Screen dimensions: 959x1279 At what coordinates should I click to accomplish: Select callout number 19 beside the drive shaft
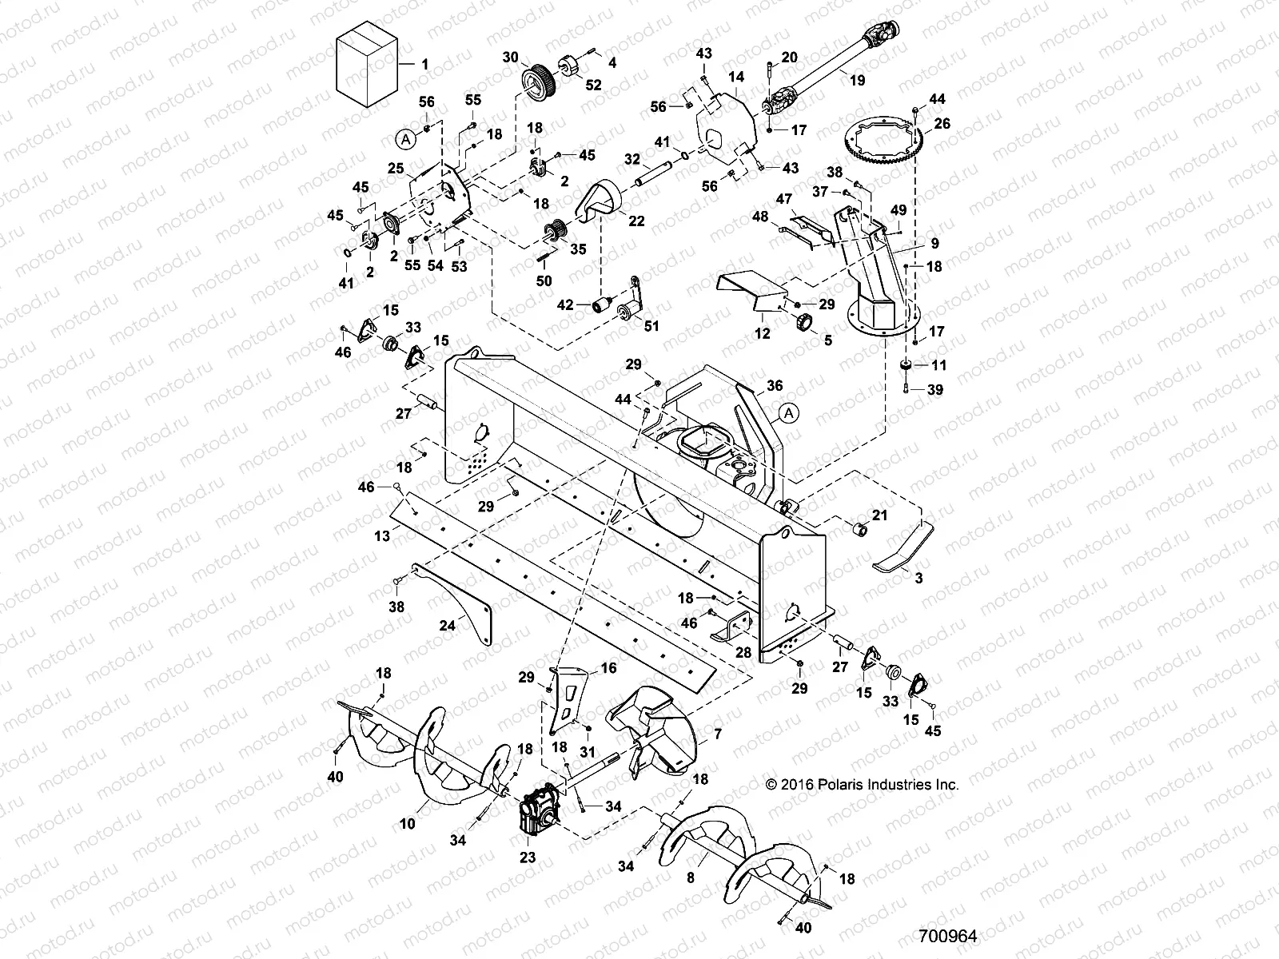(857, 80)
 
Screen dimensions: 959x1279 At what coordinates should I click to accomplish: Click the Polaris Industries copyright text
(862, 785)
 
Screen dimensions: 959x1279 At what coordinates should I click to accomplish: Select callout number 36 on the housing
(775, 385)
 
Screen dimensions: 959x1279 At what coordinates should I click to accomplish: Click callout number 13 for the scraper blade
(383, 536)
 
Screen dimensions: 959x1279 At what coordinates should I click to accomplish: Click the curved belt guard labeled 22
(608, 201)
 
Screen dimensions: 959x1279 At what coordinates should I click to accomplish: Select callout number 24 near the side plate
(447, 626)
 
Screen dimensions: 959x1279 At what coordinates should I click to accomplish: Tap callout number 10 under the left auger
(408, 824)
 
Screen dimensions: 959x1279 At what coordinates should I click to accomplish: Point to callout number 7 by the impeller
(717, 733)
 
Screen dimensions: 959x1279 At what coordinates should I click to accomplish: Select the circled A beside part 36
(788, 413)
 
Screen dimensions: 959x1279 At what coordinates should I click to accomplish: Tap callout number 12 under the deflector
(763, 333)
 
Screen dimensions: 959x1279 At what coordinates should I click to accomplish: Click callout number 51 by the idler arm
(651, 326)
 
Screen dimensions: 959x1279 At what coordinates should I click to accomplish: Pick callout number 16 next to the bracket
(608, 668)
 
